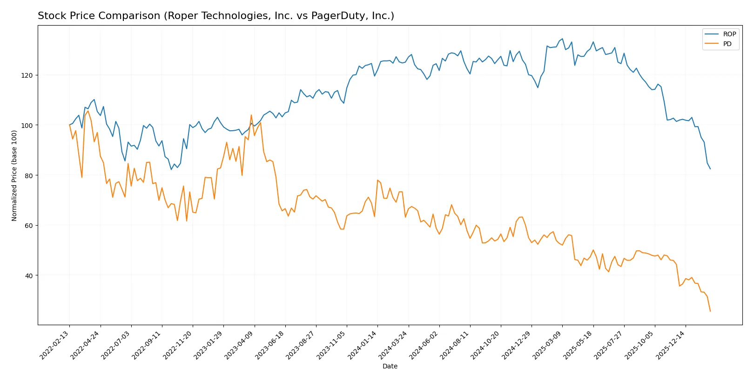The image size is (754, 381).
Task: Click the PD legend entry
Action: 727,44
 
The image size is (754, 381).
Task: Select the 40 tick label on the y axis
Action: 29,276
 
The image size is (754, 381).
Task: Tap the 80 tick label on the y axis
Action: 29,176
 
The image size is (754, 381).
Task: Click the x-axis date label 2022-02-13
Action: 55,345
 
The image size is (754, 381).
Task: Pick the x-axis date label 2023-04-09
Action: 240,345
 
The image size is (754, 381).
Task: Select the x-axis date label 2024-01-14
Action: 363,345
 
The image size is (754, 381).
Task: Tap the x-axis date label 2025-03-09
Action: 548,345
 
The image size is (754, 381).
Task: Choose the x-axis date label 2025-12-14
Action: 671,345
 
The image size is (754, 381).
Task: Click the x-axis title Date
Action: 390,367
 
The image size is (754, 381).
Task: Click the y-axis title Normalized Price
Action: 14,175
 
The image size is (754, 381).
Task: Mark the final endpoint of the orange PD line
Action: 710,311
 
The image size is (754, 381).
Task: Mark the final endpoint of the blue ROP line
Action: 710,169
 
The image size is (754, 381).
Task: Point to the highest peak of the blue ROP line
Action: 562,39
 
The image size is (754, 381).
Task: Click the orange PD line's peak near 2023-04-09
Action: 251,115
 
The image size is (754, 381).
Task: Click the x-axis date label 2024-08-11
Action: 455,345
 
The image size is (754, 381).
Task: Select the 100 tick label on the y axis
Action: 28,126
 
